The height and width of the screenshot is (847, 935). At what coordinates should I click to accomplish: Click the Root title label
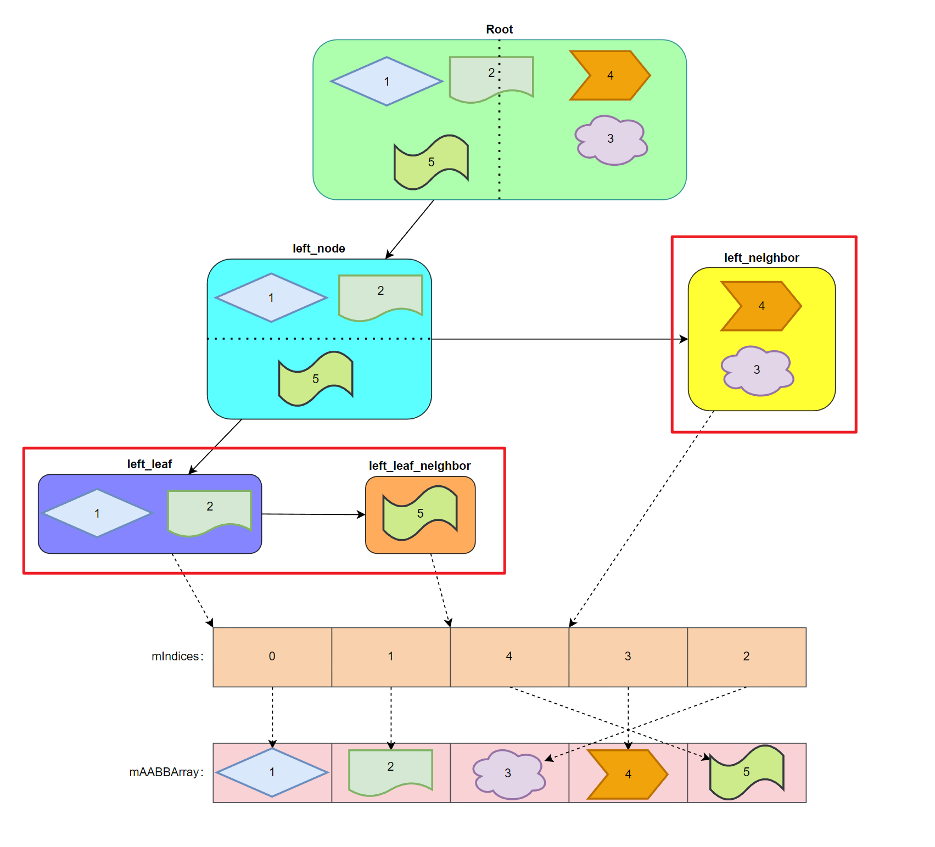pyautogui.click(x=499, y=30)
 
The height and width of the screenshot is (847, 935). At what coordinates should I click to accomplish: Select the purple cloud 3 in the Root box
pyautogui.click(x=611, y=139)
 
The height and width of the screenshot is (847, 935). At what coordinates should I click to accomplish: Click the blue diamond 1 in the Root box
pyautogui.click(x=387, y=81)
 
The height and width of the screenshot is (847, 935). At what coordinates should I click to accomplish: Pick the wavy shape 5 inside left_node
pyautogui.click(x=316, y=379)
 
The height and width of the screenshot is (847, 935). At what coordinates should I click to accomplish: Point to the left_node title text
pyautogui.click(x=318, y=249)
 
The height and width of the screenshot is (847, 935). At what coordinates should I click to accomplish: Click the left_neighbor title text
pyautogui.click(x=761, y=258)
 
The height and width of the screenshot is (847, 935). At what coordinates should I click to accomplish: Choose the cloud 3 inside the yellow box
pyautogui.click(x=757, y=370)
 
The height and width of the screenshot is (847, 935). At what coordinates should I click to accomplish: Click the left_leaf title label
pyautogui.click(x=149, y=464)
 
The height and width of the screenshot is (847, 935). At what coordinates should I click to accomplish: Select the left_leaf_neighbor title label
pyautogui.click(x=419, y=466)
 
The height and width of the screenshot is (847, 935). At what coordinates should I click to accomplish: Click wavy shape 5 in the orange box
pyautogui.click(x=420, y=513)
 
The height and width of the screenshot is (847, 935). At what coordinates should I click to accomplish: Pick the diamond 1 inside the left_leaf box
pyautogui.click(x=97, y=513)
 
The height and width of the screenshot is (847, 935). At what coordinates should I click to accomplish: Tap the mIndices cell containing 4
pyautogui.click(x=509, y=657)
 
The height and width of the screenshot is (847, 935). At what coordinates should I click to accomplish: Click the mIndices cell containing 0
pyautogui.click(x=272, y=657)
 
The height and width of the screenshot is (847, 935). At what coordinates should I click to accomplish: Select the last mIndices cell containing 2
pyautogui.click(x=746, y=657)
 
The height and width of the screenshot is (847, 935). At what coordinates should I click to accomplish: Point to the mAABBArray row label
pyautogui.click(x=166, y=772)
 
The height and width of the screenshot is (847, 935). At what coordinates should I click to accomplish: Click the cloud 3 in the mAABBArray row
pyautogui.click(x=508, y=773)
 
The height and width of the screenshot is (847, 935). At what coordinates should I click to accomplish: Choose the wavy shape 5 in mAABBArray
pyautogui.click(x=746, y=772)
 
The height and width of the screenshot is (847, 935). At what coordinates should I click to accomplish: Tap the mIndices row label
pyautogui.click(x=177, y=657)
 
